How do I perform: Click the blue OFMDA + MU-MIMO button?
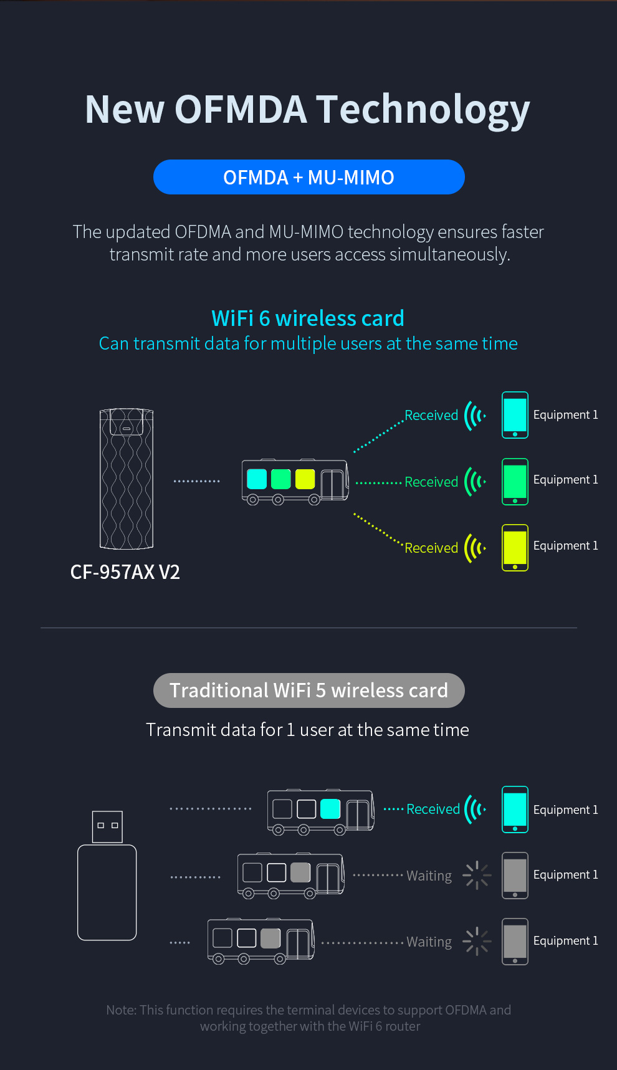(308, 177)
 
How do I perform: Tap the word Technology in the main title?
(423, 110)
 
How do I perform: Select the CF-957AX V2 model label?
(125, 572)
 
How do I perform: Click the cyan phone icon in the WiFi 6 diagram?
(515, 415)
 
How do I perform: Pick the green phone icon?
(515, 481)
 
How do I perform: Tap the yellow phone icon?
(515, 548)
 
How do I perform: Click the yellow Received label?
(431, 548)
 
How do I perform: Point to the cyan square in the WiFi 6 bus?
(257, 479)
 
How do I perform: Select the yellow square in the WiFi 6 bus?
(305, 479)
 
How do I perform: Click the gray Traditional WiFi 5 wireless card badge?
(308, 690)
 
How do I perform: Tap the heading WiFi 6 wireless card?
(308, 318)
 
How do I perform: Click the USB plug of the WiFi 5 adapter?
(107, 826)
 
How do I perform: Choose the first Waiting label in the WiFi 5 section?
(429, 876)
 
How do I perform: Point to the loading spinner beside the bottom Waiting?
(477, 941)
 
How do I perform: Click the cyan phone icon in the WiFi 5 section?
(515, 810)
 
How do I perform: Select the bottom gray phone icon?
(515, 941)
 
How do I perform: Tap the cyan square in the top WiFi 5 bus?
(330, 809)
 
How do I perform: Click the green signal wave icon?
(475, 481)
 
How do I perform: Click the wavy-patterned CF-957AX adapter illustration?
(127, 479)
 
